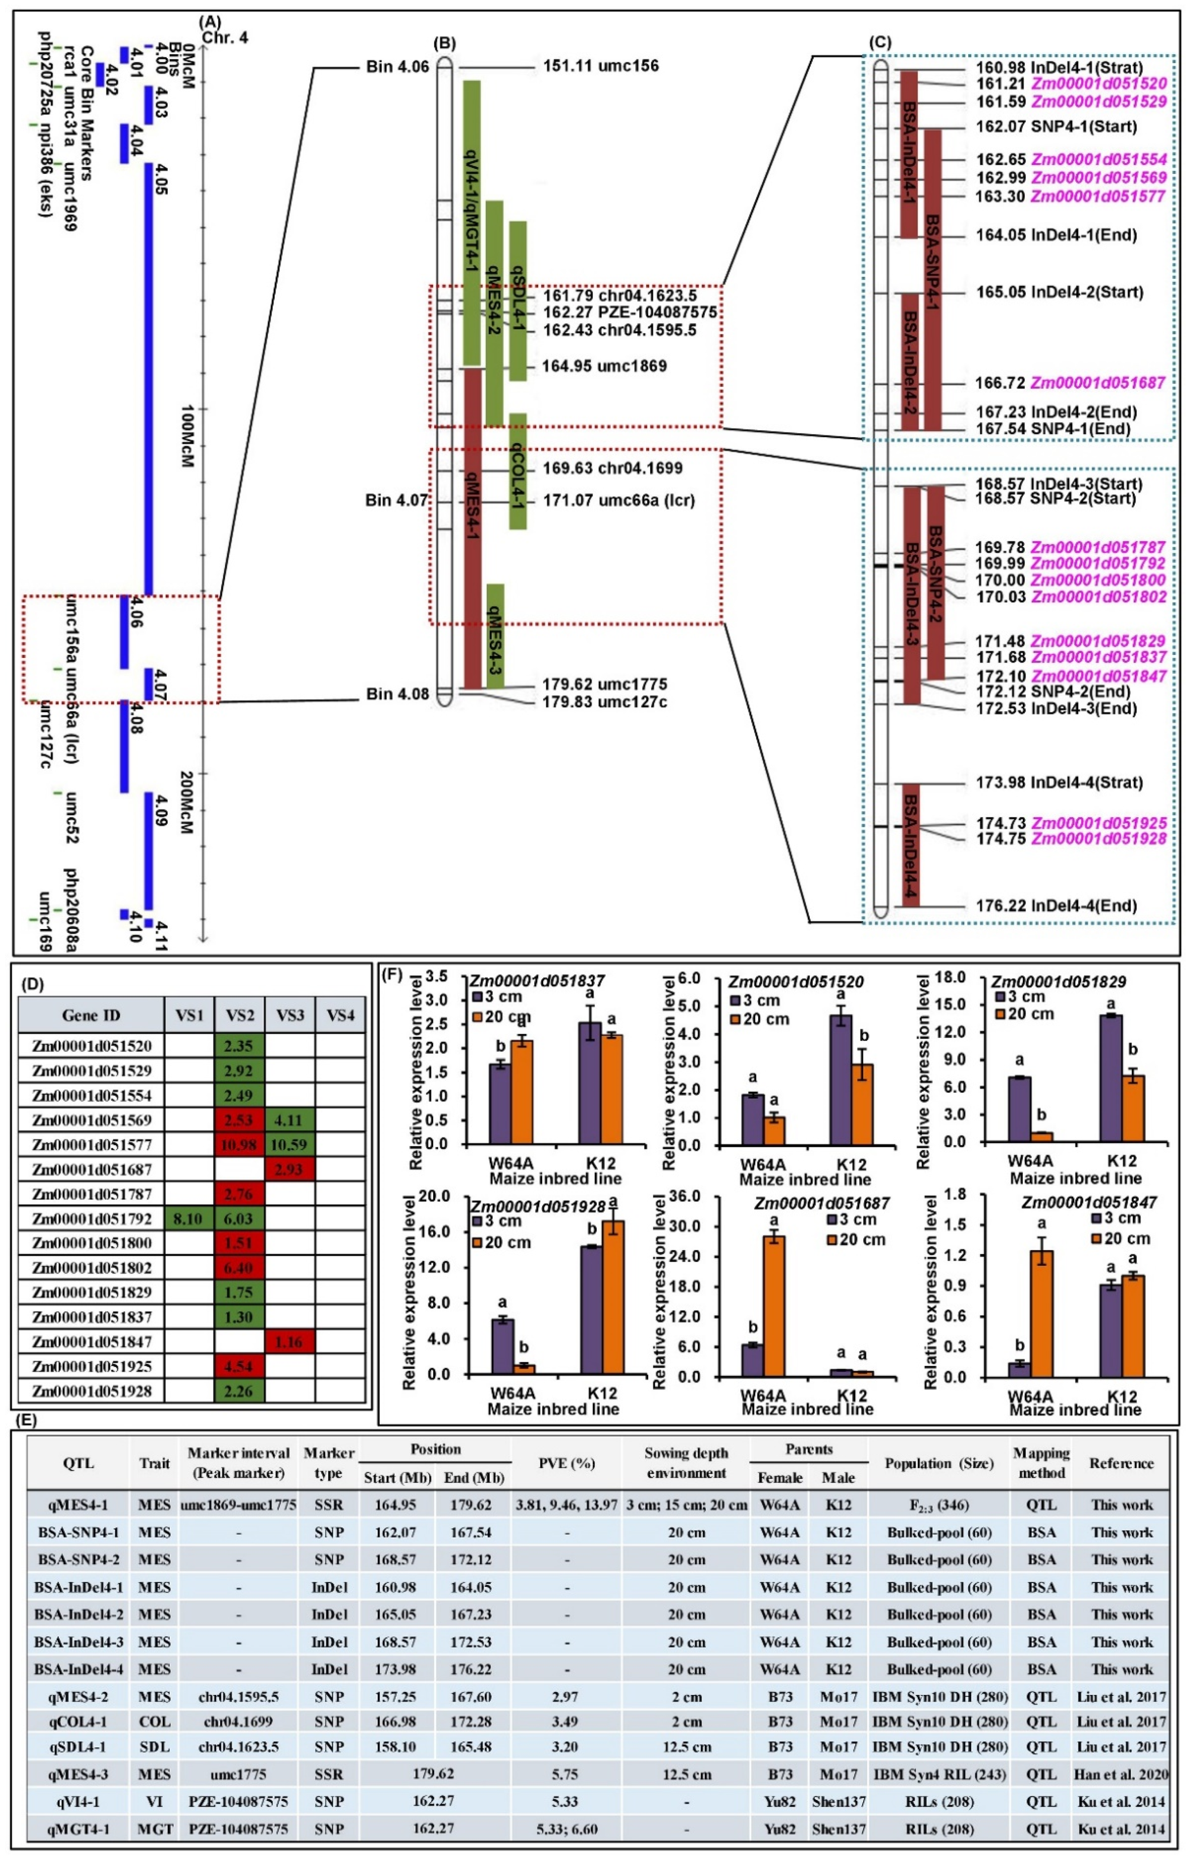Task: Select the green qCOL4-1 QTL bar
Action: tap(517, 471)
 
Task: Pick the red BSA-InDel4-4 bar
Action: tap(911, 845)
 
